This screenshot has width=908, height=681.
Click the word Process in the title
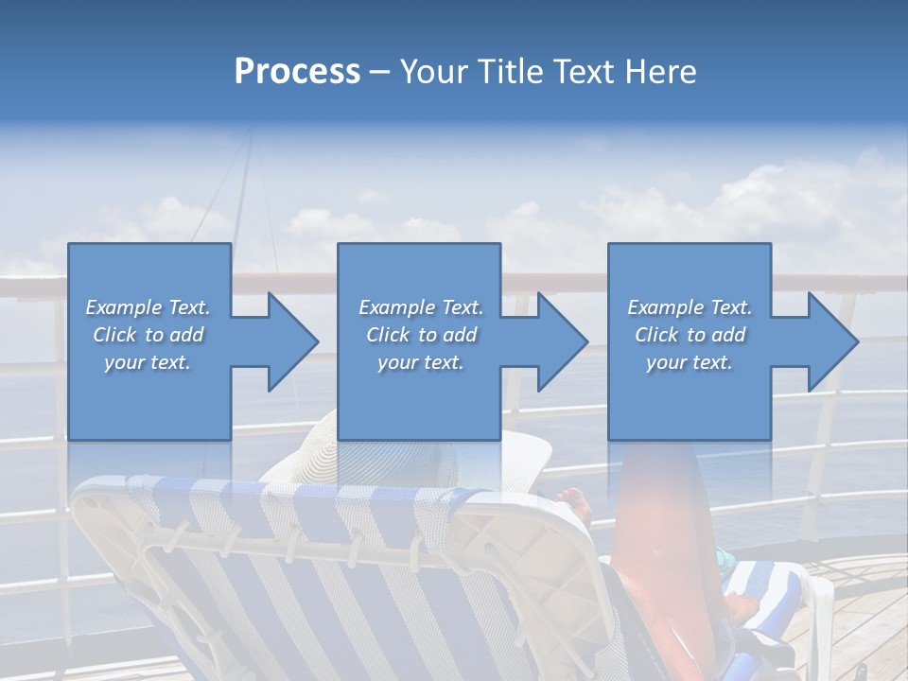(x=297, y=72)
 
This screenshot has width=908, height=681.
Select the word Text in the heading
(x=583, y=72)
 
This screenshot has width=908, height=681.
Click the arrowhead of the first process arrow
(x=292, y=341)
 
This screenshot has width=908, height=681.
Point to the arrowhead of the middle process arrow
(x=562, y=341)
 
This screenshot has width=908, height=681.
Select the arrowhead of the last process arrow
(x=832, y=341)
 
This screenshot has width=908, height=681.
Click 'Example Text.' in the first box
(x=148, y=307)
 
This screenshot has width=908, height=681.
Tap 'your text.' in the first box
(x=148, y=362)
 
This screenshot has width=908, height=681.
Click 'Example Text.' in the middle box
(x=421, y=307)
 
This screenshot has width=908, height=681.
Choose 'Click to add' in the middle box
(x=421, y=335)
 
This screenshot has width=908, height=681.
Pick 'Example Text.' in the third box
(x=690, y=307)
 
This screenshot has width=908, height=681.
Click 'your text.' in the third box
(x=690, y=362)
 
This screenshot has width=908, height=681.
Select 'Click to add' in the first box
(x=148, y=335)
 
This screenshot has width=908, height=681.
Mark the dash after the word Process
(x=380, y=72)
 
